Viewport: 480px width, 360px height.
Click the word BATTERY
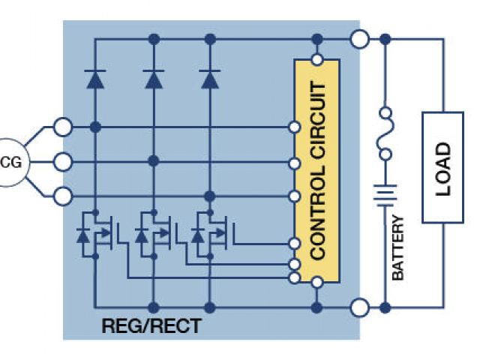coord(398,248)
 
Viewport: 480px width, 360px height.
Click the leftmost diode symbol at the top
coord(95,78)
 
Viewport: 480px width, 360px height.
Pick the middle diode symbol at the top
coord(153,78)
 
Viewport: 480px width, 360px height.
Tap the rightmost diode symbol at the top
coord(210,78)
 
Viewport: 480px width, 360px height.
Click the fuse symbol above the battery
coord(385,135)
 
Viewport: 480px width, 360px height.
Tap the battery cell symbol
coord(385,196)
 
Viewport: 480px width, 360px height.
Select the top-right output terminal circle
coord(361,37)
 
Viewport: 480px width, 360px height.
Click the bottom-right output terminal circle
coord(361,307)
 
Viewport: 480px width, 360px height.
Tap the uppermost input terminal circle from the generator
coord(64,127)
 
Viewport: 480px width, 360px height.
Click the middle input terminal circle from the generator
coord(64,161)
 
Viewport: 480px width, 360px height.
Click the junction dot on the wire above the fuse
coord(385,37)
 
